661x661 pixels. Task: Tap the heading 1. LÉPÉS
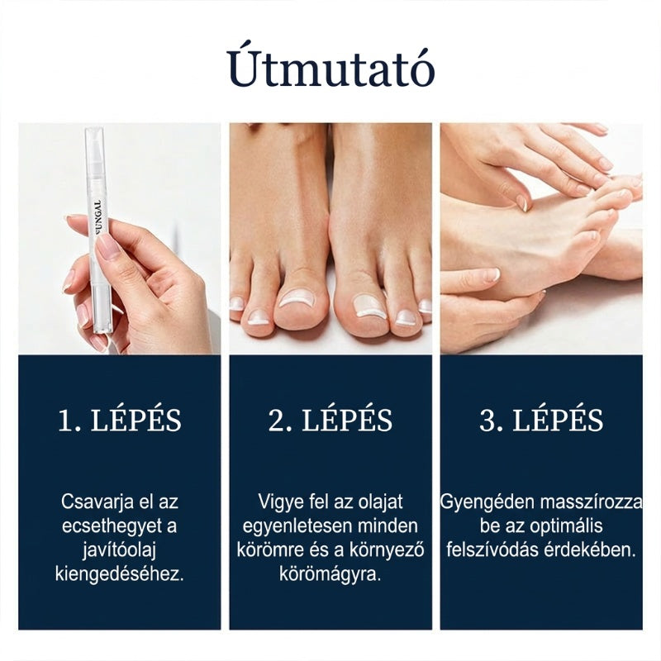tap(120, 421)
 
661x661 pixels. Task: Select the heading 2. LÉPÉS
tap(330, 421)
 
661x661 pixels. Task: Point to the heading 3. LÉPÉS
tap(541, 421)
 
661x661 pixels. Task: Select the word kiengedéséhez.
tap(120, 575)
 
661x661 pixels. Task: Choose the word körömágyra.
tap(330, 575)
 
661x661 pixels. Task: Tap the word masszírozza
tap(591, 502)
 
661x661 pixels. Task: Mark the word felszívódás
tap(492, 550)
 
